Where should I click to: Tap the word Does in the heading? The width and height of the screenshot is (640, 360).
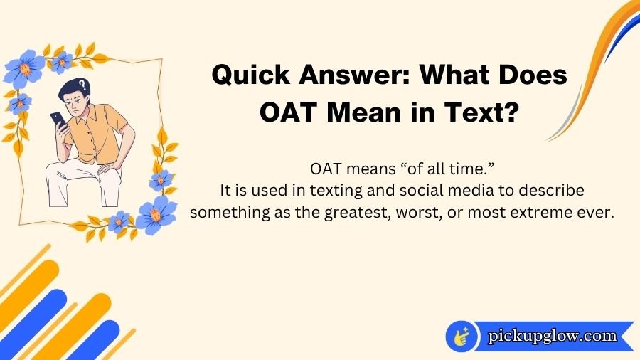530,75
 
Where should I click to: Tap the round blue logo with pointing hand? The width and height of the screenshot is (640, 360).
462,336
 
